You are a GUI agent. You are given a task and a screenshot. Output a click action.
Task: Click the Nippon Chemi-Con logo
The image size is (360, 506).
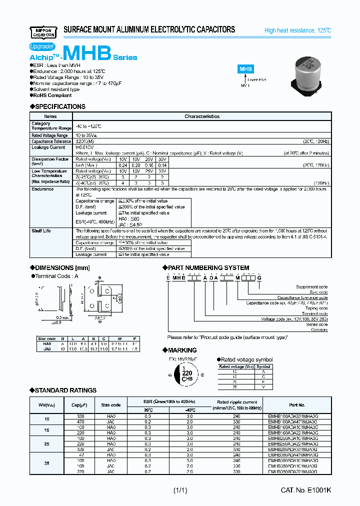point(43,31)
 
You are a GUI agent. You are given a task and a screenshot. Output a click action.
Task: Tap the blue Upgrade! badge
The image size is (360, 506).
point(42,46)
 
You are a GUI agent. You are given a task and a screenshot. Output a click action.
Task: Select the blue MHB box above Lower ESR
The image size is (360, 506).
point(245,69)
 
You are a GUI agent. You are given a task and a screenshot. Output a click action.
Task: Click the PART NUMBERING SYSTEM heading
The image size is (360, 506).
point(208,267)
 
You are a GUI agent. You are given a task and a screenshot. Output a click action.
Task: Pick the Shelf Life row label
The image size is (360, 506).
point(41,231)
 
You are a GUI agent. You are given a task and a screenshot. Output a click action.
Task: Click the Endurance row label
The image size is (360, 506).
point(42,189)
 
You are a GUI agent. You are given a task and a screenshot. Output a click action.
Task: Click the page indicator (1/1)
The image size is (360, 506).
point(180,490)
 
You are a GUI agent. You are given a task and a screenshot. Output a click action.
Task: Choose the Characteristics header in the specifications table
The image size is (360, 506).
point(202,116)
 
